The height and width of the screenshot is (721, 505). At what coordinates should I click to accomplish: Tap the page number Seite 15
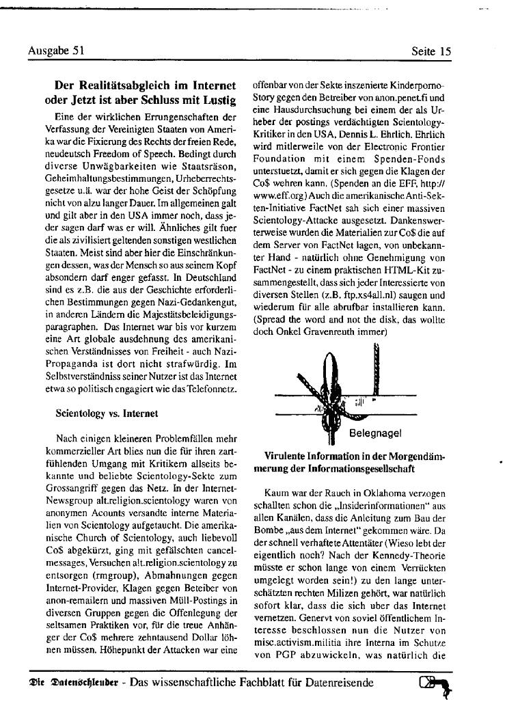(431, 51)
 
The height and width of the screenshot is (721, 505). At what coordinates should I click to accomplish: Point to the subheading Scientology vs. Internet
(107, 413)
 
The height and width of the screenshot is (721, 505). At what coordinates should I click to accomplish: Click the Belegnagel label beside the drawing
(375, 433)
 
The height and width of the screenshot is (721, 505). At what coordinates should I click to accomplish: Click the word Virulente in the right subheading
(287, 456)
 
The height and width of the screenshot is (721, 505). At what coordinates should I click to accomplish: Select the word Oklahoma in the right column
(367, 492)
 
